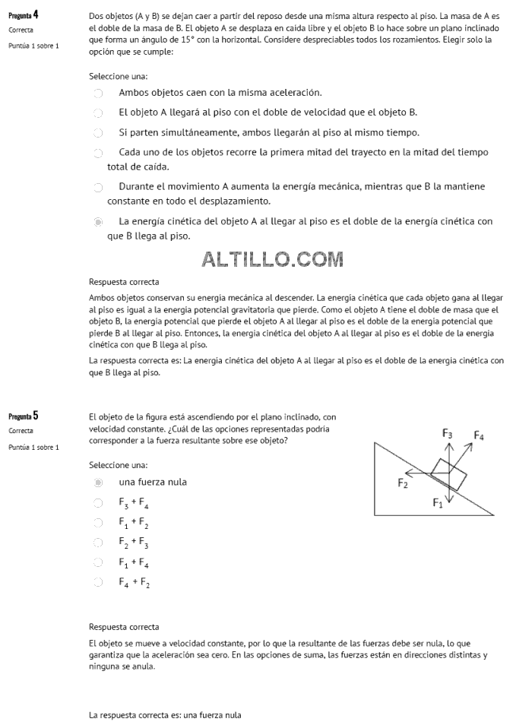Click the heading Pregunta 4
[24, 14]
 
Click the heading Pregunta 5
[24, 416]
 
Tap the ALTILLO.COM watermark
[272, 259]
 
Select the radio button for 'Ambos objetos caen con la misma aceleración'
[98, 93]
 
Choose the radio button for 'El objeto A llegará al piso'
[98, 113]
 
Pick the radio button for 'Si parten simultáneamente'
[98, 133]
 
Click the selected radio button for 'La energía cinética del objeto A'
[98, 222]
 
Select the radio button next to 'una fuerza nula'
[98, 483]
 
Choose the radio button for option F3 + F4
[98, 503]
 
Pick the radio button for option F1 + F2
[98, 523]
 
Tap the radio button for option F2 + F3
[98, 543]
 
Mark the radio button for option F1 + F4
[98, 563]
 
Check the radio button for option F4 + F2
[98, 583]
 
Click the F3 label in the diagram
[448, 433]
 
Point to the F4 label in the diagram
[479, 435]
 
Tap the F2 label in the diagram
[403, 483]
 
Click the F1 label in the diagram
[438, 502]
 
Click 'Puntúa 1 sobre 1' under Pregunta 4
[33, 46]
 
